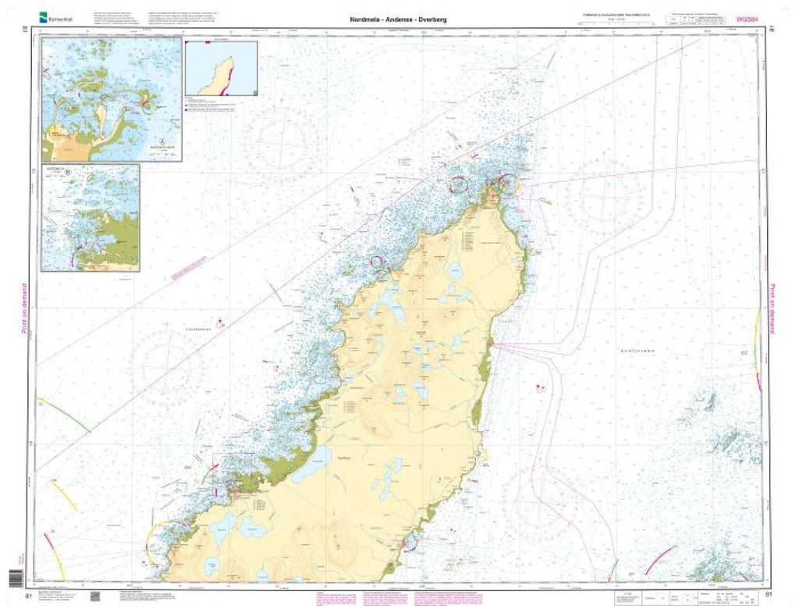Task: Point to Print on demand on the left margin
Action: [24, 309]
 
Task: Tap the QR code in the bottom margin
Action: [95, 597]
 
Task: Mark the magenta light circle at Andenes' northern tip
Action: [505, 184]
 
